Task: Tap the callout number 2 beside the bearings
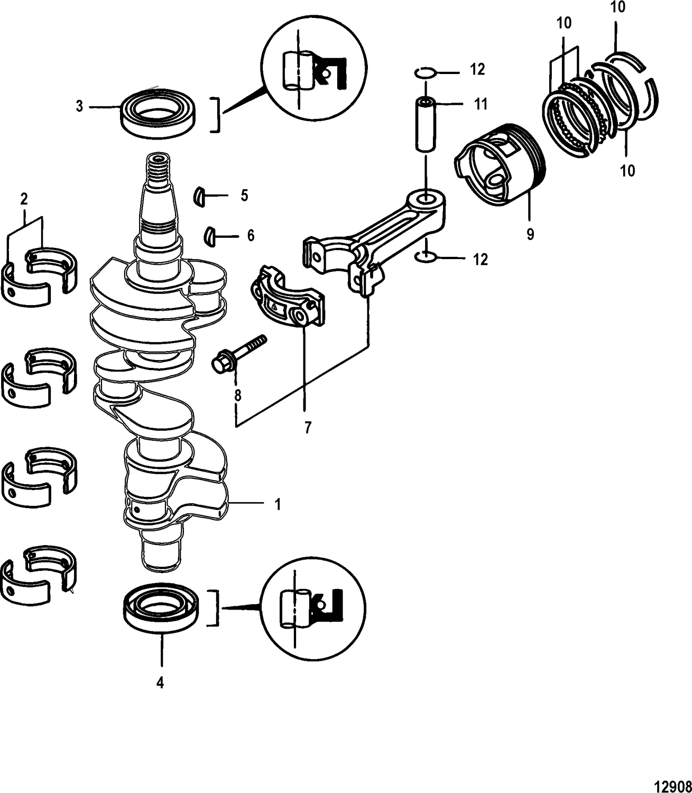tap(24, 200)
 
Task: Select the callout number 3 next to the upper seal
tap(79, 107)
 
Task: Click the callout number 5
tap(244, 196)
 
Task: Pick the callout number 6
tap(250, 235)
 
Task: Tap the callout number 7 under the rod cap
tap(307, 427)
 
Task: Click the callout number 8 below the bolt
tap(238, 394)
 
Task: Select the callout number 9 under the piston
tap(530, 234)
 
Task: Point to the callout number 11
tap(480, 104)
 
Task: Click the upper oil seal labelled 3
tap(159, 113)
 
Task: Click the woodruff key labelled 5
tap(198, 195)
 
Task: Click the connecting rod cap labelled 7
tap(286, 300)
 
